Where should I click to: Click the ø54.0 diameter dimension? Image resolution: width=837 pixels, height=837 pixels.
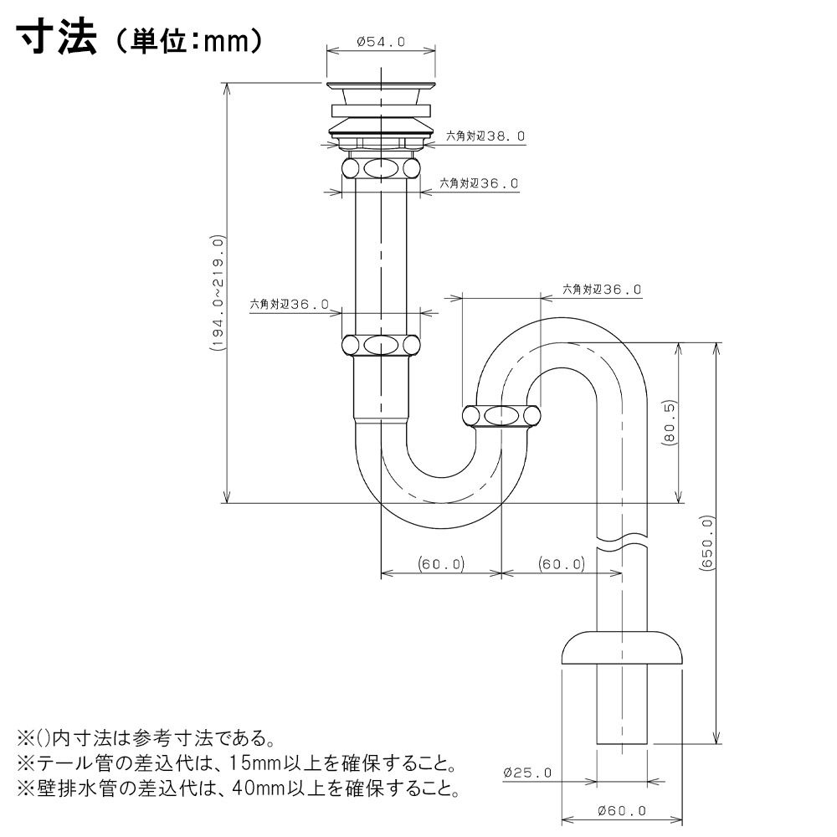click(381, 39)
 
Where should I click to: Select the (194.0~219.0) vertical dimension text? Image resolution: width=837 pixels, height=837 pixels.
click(217, 292)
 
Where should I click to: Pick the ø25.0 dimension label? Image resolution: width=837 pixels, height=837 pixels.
click(528, 773)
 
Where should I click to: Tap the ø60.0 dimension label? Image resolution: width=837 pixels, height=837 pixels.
click(623, 810)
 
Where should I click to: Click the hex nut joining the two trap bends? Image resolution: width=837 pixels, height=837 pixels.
click(501, 415)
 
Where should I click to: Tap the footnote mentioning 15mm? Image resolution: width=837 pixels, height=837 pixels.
click(236, 763)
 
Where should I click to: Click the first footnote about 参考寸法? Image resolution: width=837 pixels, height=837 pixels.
click(146, 738)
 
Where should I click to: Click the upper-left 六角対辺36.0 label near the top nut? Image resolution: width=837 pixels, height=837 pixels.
click(480, 183)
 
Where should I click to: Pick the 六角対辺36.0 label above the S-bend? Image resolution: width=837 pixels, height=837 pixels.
click(601, 290)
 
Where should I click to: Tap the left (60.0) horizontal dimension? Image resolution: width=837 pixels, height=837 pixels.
click(441, 564)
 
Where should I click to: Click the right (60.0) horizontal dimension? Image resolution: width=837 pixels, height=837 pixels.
click(561, 564)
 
